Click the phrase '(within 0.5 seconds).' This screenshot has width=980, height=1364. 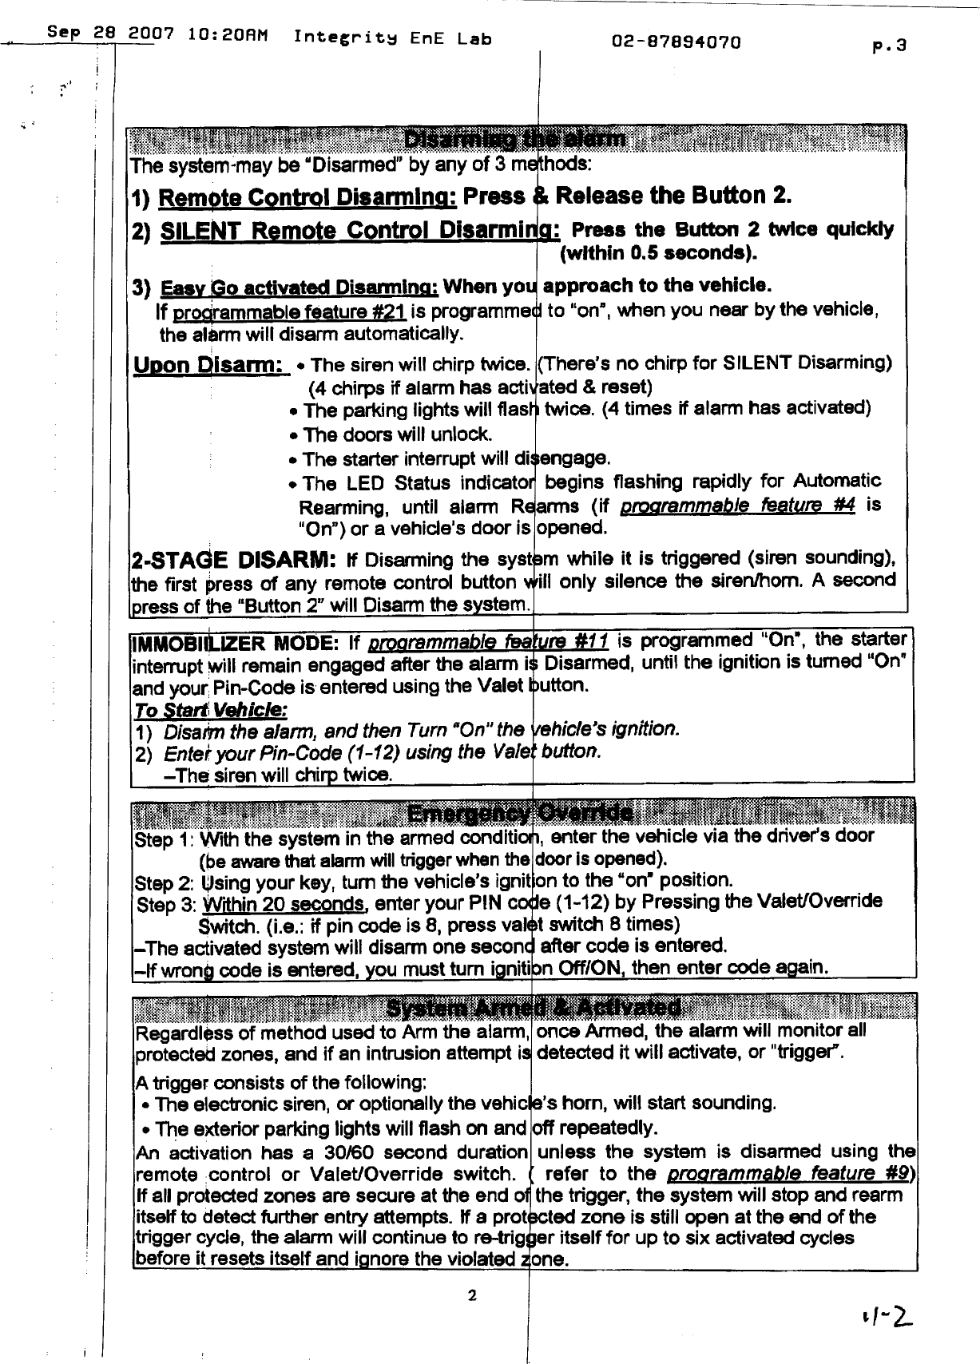pyautogui.click(x=659, y=255)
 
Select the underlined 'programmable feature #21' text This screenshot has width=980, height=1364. pyautogui.click(x=336, y=311)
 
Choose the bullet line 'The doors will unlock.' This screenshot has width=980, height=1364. pyautogui.click(x=397, y=435)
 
